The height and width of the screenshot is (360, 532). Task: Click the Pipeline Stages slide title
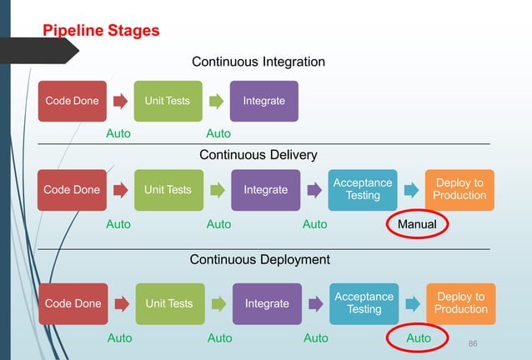click(101, 32)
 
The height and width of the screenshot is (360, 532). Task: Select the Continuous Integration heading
click(258, 62)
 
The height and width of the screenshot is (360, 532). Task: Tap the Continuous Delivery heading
click(258, 154)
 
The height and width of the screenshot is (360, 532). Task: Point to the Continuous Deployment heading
click(260, 259)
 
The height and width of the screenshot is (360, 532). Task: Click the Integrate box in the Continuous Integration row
click(263, 101)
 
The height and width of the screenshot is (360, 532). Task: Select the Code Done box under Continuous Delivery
click(72, 190)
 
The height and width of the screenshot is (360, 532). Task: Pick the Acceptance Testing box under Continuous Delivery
click(363, 190)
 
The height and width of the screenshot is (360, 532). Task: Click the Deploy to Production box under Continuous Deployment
click(461, 303)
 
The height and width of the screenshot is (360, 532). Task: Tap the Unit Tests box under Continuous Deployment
click(168, 303)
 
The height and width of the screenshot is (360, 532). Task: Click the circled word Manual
click(417, 224)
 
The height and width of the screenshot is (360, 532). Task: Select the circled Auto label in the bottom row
click(419, 338)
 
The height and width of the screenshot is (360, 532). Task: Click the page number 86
click(474, 343)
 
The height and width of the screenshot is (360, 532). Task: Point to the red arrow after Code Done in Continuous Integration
click(121, 102)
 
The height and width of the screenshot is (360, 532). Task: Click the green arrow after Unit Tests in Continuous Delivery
click(218, 191)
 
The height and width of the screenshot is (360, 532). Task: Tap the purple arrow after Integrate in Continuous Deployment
click(317, 304)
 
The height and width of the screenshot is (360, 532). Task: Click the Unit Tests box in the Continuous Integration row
click(167, 101)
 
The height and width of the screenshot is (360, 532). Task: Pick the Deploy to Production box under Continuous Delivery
click(459, 190)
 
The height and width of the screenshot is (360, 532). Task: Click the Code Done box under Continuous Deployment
click(73, 303)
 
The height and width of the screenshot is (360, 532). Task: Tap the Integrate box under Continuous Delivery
click(265, 190)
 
